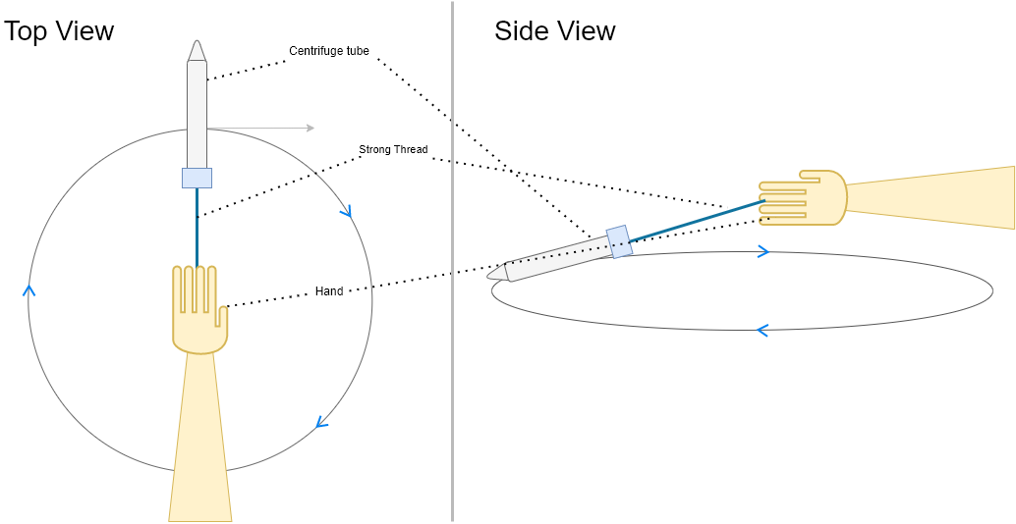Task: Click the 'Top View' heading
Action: click(59, 30)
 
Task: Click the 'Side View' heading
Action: click(554, 30)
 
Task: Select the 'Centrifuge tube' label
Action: click(329, 51)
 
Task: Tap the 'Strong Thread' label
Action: click(393, 150)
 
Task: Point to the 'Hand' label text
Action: click(329, 291)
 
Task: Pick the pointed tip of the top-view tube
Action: click(197, 49)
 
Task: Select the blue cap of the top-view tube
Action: click(197, 178)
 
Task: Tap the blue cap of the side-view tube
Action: click(618, 241)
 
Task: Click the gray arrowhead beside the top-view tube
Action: click(310, 128)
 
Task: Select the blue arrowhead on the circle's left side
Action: click(28, 290)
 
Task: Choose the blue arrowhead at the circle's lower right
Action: click(320, 423)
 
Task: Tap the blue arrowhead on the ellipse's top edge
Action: click(762, 252)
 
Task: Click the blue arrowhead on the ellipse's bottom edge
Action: click(762, 331)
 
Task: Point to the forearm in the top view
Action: click(200, 442)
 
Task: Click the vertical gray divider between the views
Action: click(452, 294)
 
